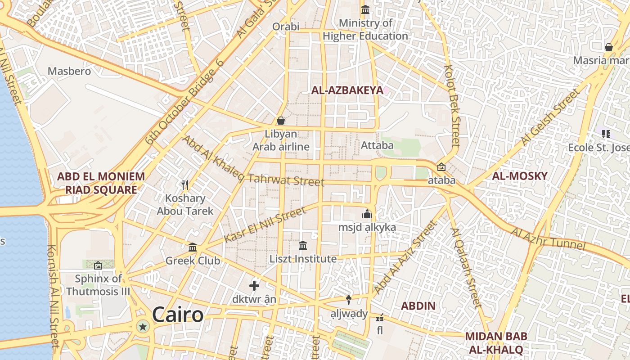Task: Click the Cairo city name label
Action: (178, 315)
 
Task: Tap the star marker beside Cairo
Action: (143, 327)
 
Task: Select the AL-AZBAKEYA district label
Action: (347, 90)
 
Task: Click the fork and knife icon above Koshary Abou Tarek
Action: (184, 184)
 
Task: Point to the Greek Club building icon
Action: (193, 247)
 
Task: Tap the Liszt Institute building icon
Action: (303, 246)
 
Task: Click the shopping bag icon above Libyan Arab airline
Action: (281, 121)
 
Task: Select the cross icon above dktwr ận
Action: (254, 285)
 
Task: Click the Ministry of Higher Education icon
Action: (365, 9)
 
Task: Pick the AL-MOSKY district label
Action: (520, 176)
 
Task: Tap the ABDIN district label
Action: (418, 306)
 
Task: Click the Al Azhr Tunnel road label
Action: (548, 238)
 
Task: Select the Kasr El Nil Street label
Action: (258, 225)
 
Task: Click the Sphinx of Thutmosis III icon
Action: (98, 265)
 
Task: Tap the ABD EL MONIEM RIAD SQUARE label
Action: (101, 183)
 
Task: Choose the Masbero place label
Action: (69, 71)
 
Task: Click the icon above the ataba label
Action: (441, 167)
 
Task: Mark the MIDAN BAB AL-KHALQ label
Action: (496, 343)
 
